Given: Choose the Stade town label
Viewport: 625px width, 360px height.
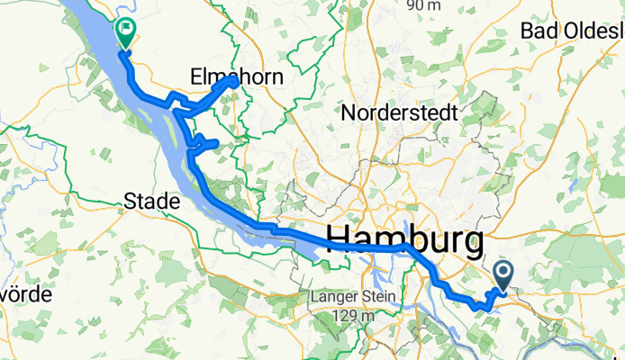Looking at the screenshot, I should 151,202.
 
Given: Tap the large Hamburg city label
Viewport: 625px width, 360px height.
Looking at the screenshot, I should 403,239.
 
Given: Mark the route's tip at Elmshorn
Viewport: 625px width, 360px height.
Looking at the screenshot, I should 233,81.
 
